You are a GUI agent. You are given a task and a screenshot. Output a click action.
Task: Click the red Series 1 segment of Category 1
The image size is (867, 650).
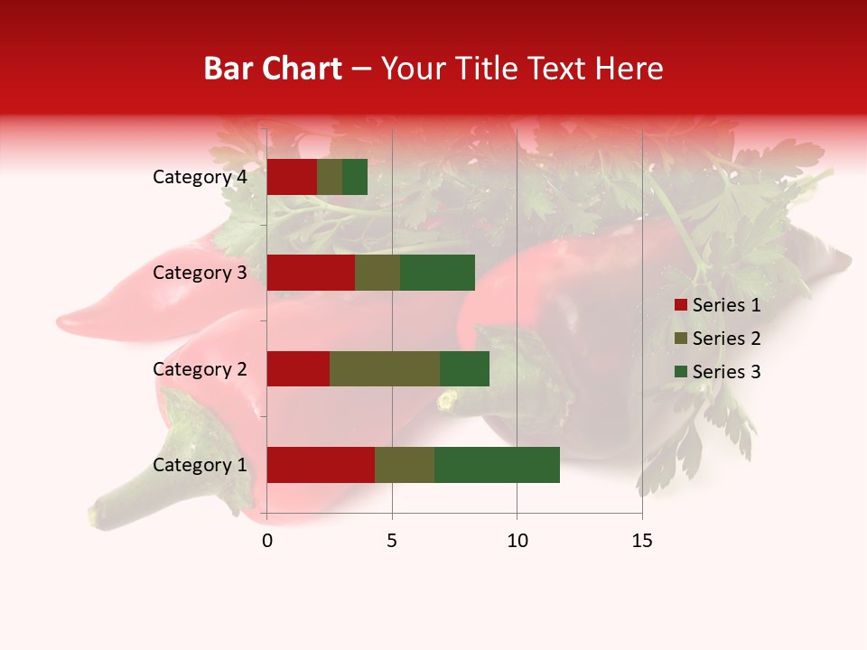click(x=321, y=465)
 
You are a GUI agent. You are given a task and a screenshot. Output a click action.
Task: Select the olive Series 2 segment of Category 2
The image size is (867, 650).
click(x=385, y=368)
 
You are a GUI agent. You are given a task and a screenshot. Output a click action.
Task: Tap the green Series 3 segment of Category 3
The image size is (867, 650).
click(x=437, y=273)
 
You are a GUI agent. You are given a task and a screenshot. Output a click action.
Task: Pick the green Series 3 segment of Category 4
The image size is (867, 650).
click(x=355, y=177)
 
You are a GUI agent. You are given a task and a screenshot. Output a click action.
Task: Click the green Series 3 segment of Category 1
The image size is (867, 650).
click(x=497, y=465)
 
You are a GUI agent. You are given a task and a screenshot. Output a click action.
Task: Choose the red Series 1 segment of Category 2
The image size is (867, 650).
click(x=298, y=368)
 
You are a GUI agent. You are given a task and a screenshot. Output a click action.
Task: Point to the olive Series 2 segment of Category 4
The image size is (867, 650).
click(x=330, y=177)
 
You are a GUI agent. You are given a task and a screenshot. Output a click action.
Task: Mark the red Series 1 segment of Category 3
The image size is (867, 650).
click(x=311, y=273)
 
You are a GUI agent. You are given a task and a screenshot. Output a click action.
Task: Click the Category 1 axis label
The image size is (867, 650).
click(x=200, y=465)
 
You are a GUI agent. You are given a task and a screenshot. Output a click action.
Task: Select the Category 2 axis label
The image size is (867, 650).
click(x=200, y=369)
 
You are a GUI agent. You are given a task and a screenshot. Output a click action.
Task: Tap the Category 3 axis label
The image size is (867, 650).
click(x=200, y=273)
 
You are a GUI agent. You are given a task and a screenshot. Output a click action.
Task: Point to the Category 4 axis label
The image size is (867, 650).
click(x=200, y=177)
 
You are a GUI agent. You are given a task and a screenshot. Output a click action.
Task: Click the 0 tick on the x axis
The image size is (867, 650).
click(x=267, y=541)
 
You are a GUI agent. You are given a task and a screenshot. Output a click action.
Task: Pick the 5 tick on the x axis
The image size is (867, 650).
click(x=392, y=541)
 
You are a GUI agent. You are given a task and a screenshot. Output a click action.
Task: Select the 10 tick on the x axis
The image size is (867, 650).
click(x=517, y=541)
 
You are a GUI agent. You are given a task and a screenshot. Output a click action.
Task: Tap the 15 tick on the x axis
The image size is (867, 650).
click(x=641, y=541)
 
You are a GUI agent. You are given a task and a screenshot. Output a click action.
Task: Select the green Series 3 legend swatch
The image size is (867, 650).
click(x=680, y=372)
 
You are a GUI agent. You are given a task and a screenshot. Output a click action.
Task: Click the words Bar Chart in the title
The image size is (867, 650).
click(x=273, y=69)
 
